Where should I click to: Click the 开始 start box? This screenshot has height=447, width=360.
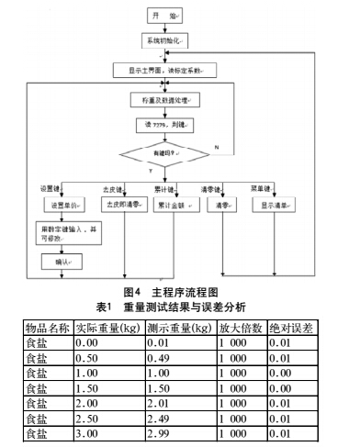pos(164,17)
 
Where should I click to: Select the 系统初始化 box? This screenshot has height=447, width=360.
pos(164,42)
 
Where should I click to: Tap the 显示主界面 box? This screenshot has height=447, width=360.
pos(164,70)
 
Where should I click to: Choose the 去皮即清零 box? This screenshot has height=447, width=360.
pos(125,205)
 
